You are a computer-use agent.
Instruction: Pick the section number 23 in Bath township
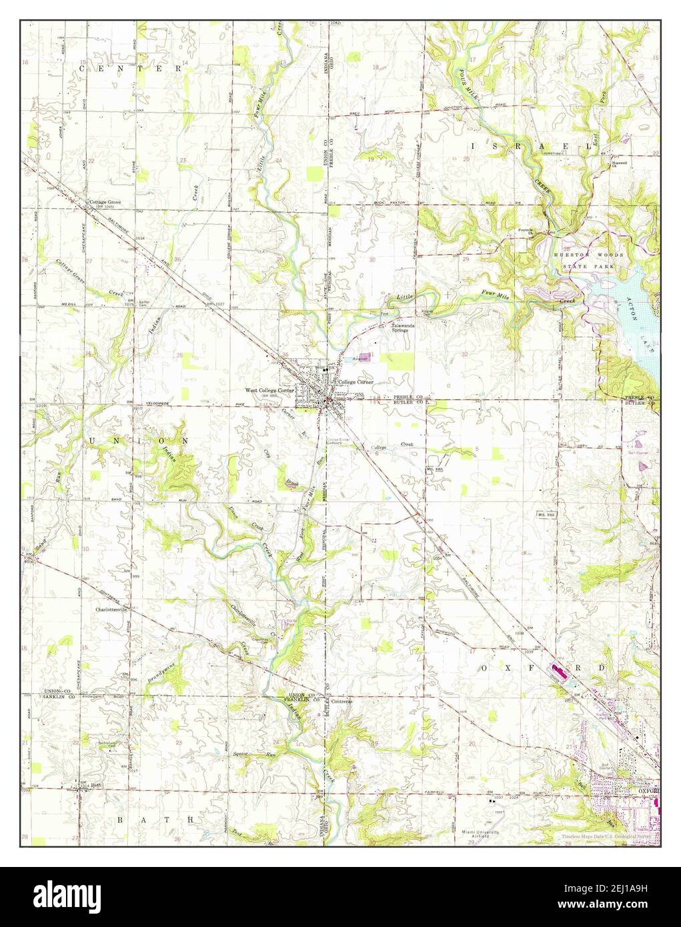coord(179,742)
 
